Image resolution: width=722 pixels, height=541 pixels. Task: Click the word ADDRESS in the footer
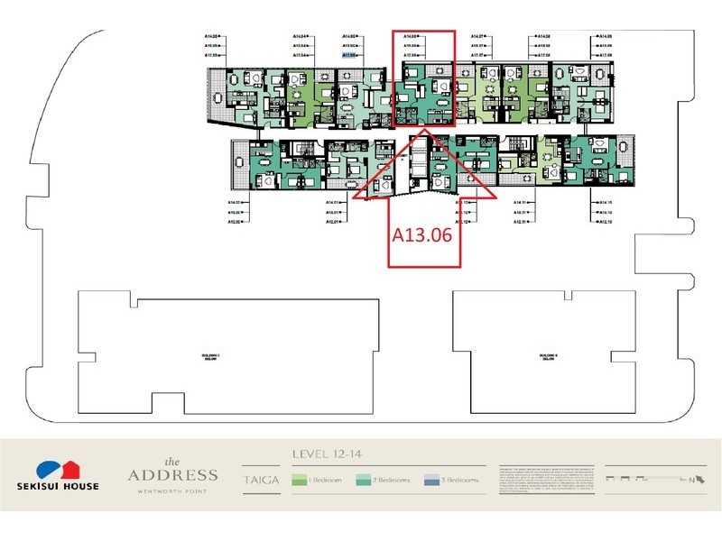[x=171, y=474]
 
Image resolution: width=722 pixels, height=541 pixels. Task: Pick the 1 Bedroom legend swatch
[x=299, y=481]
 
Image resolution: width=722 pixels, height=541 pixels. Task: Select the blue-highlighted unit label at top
[x=352, y=54]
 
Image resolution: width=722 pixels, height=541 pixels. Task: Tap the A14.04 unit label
[x=301, y=37]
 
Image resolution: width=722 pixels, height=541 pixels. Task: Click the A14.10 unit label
[x=603, y=202]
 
